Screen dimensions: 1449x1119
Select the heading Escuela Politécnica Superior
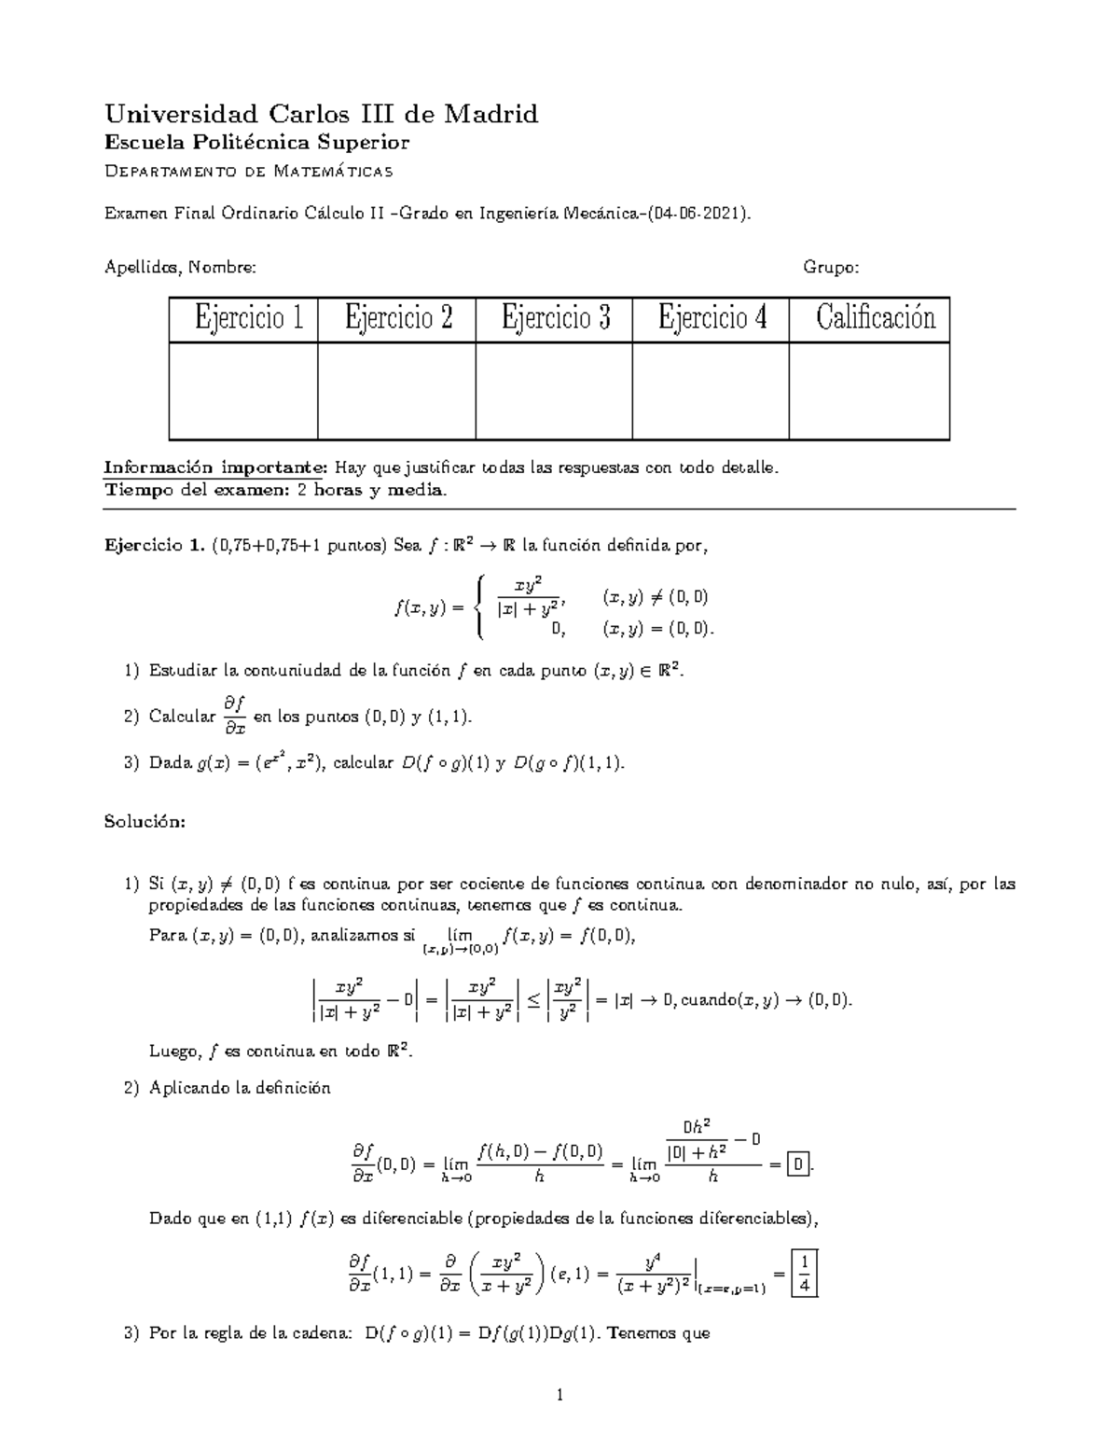[x=256, y=143]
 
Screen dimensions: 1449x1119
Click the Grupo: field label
[x=831, y=268]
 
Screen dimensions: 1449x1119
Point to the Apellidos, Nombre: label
[x=180, y=268]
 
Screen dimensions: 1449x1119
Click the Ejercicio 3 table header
[x=555, y=318]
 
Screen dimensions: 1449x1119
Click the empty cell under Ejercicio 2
[x=397, y=390]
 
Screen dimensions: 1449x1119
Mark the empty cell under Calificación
[x=869, y=390]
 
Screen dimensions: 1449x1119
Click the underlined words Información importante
[x=215, y=467]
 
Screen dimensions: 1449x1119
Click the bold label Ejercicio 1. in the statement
[x=155, y=547]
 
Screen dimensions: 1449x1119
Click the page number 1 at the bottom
[x=559, y=1396]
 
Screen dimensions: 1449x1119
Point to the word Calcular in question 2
[x=182, y=717]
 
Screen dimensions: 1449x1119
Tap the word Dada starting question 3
[x=169, y=763]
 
